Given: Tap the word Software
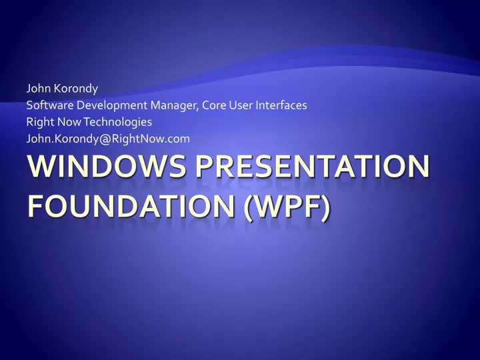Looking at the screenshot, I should [49, 105].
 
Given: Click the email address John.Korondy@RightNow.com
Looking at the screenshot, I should [107, 139].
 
